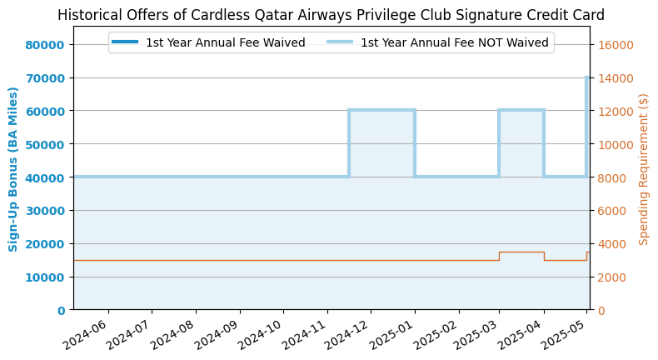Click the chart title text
[x=331, y=15]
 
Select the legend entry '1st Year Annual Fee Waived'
[x=225, y=42]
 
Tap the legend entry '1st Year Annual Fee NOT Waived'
[x=454, y=42]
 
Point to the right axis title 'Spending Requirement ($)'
[x=644, y=169]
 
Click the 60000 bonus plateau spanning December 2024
[x=381, y=110]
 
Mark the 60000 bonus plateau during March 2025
[x=521, y=110]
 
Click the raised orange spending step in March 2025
[x=521, y=252]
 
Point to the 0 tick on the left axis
[x=61, y=311]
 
